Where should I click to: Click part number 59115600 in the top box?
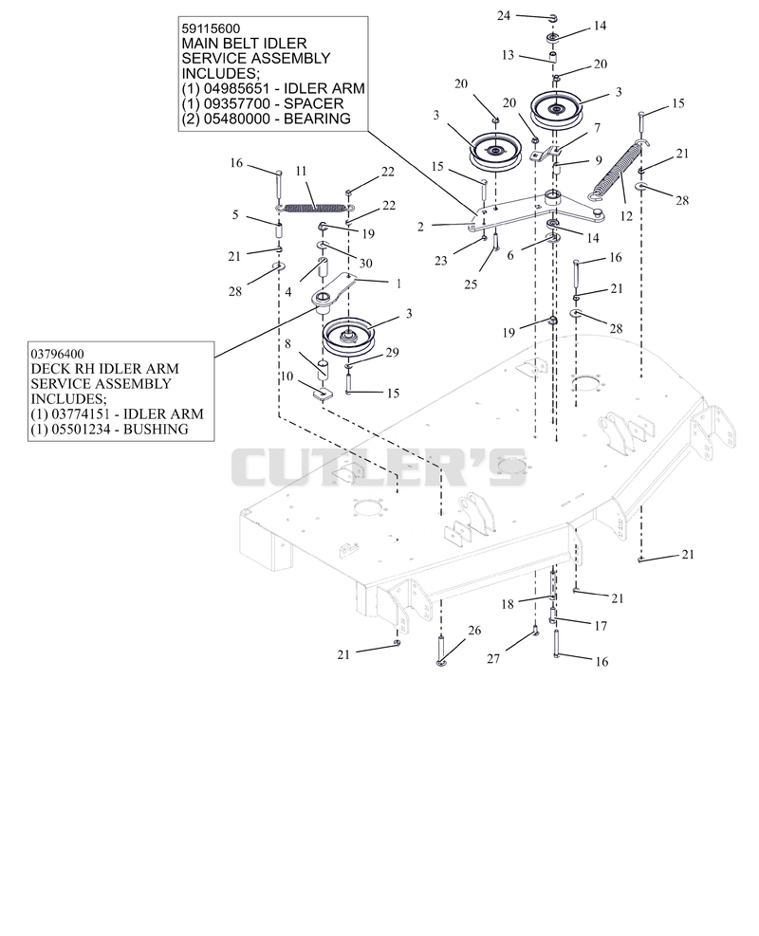(x=211, y=28)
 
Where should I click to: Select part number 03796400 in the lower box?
(x=59, y=354)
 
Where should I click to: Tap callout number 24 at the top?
(x=504, y=15)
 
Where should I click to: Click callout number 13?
(x=508, y=55)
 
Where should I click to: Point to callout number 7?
(x=597, y=127)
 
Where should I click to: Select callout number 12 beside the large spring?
(x=626, y=215)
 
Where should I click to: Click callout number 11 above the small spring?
(x=301, y=172)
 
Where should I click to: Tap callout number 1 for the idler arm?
(x=398, y=283)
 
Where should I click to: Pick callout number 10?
(x=287, y=376)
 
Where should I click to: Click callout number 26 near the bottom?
(x=474, y=631)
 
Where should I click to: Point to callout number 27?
(x=493, y=658)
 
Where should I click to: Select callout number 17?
(x=601, y=626)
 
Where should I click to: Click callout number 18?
(x=508, y=604)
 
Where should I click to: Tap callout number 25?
(x=471, y=284)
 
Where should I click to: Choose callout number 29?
(x=392, y=352)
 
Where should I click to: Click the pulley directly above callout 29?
(x=347, y=337)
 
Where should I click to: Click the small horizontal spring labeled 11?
(x=313, y=208)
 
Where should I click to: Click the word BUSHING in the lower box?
(x=156, y=430)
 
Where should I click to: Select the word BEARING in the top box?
(x=317, y=119)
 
